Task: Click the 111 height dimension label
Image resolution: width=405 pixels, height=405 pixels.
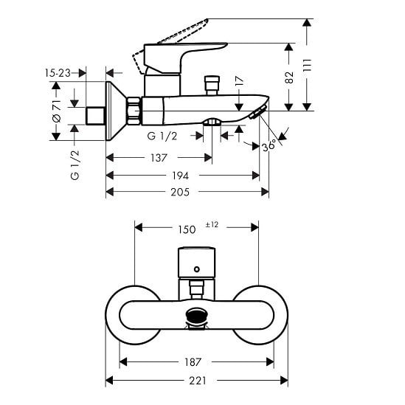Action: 308,65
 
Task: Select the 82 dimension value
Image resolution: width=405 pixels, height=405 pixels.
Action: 289,77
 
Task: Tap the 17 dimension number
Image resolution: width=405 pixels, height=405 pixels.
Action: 240,81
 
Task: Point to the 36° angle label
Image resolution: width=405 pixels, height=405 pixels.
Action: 269,146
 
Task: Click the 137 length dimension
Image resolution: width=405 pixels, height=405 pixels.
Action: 159,158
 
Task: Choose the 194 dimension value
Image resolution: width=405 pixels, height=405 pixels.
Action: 181,176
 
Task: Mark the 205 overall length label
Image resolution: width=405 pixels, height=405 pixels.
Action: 180,192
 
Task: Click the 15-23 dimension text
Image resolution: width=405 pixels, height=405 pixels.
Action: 58,73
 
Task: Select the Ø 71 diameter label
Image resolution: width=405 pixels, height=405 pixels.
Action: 57,111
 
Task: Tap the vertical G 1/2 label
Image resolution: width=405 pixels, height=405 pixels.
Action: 75,165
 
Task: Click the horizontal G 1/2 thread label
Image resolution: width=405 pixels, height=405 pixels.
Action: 162,136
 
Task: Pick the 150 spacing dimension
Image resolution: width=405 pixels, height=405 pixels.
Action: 187,229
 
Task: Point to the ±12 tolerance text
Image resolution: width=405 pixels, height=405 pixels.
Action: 212,224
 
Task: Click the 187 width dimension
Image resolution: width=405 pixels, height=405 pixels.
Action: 193,362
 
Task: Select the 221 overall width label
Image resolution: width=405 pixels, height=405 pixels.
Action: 198,381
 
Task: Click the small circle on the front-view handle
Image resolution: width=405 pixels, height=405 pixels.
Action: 197,269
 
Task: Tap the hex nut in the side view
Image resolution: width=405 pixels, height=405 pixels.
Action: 134,111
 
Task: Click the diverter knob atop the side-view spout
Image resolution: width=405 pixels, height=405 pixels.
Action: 212,86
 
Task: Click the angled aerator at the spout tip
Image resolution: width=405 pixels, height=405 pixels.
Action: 257,112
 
